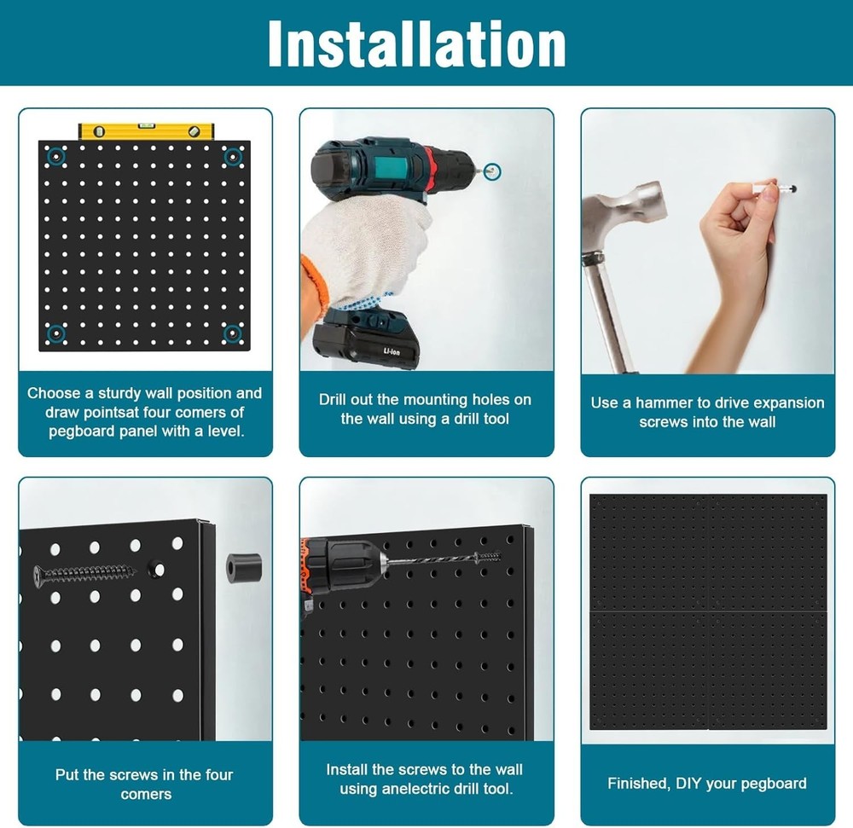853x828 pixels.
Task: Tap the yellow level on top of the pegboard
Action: (146, 131)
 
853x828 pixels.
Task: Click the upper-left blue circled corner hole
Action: (57, 157)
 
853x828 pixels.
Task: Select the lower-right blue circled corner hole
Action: (232, 333)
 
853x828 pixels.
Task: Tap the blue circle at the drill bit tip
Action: (492, 172)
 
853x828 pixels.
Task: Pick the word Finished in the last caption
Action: (636, 783)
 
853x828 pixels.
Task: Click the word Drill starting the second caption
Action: (335, 399)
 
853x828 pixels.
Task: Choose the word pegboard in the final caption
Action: (775, 783)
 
